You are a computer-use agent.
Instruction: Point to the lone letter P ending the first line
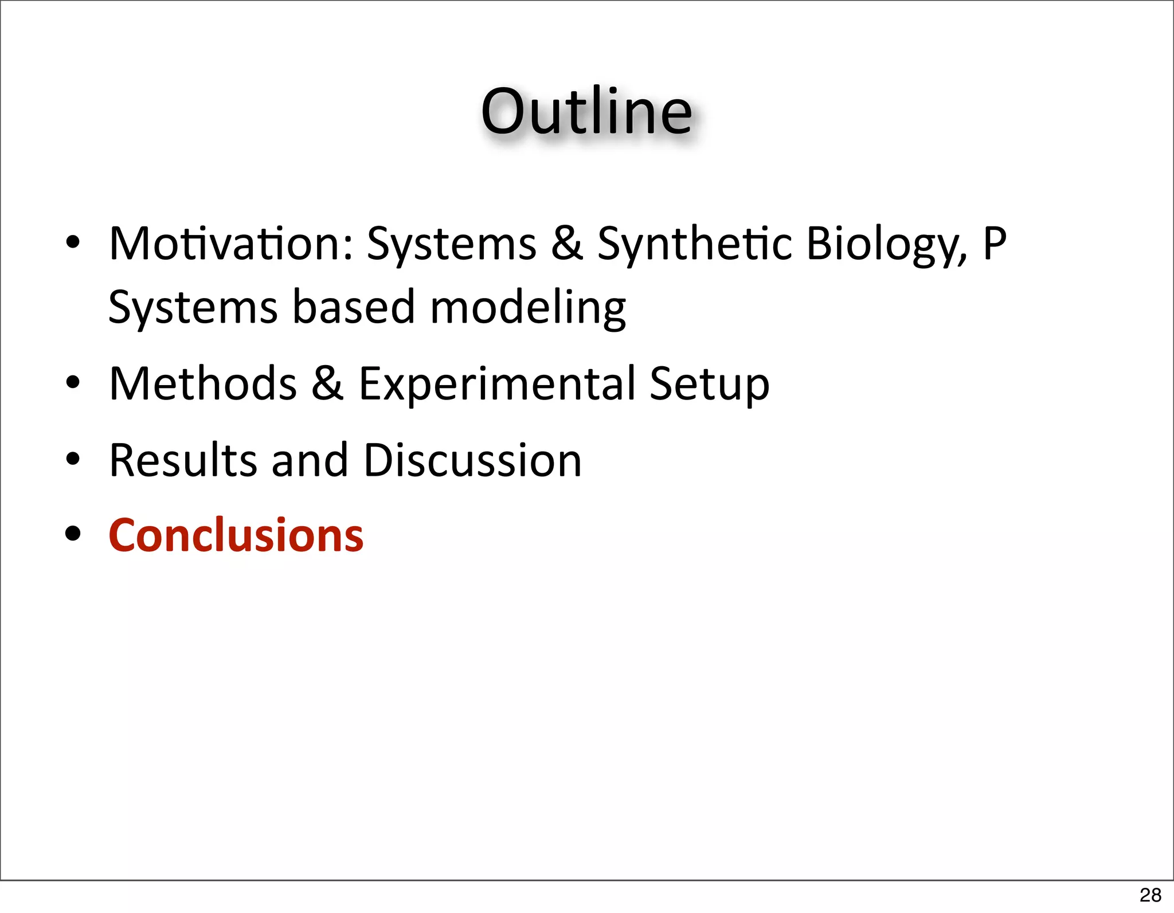click(995, 244)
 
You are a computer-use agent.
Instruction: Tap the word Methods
click(203, 383)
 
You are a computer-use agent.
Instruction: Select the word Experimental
click(496, 384)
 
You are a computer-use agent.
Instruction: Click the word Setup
click(709, 384)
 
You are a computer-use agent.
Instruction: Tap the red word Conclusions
click(236, 535)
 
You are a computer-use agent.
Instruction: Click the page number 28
click(1150, 895)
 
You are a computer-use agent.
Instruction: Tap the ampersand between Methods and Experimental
click(327, 383)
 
